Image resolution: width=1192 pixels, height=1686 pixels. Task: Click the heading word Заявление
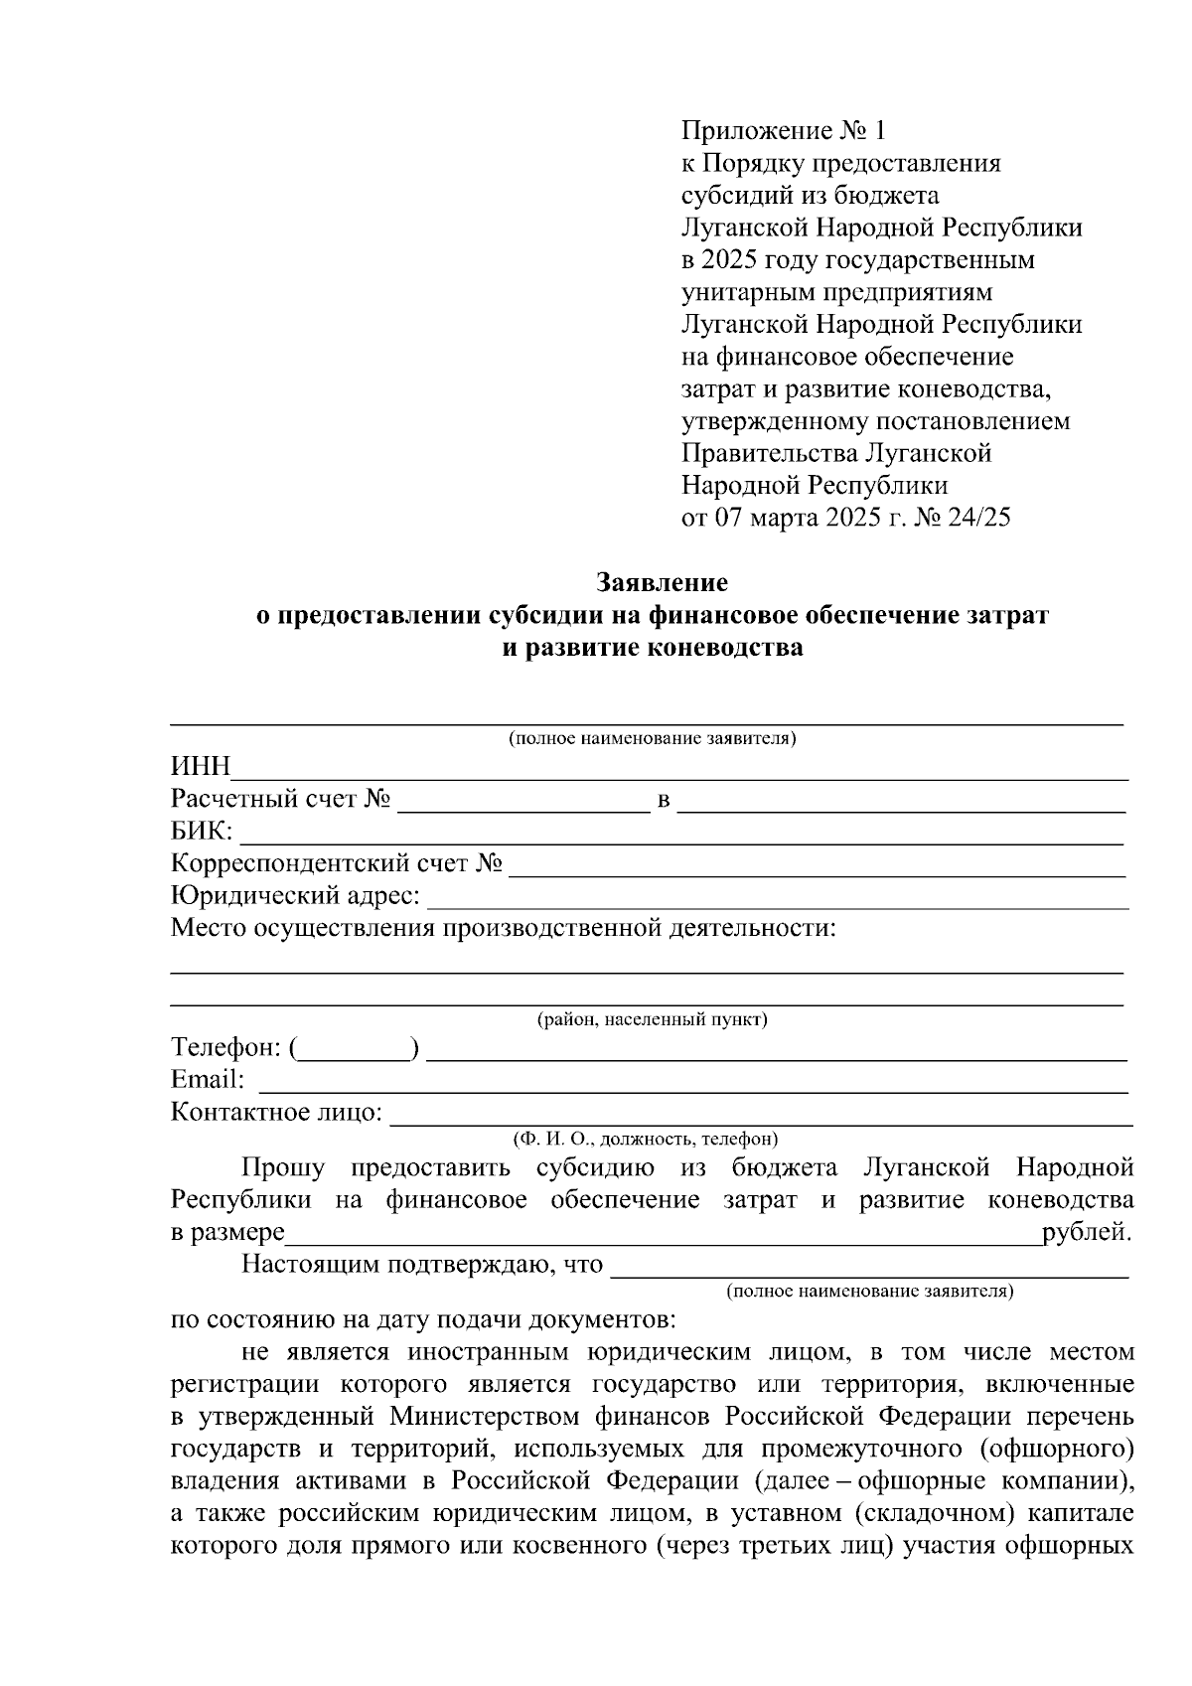662,582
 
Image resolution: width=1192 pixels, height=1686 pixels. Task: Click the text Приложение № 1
782,130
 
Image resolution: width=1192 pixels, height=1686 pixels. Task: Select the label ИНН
200,767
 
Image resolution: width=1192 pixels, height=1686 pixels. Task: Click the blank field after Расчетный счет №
522,801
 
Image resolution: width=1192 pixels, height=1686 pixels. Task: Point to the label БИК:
202,832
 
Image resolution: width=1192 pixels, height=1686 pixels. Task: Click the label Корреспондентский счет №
337,864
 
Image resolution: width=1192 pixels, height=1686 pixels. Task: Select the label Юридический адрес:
295,896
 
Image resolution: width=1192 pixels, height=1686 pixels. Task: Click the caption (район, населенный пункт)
652,1020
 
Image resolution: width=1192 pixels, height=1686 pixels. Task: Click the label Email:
208,1080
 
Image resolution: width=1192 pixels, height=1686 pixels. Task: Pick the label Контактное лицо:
276,1113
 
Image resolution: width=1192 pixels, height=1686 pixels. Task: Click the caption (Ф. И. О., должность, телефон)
645,1139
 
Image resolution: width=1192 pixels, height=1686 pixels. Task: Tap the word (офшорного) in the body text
1057,1448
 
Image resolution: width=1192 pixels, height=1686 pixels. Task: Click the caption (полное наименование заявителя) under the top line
652,739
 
